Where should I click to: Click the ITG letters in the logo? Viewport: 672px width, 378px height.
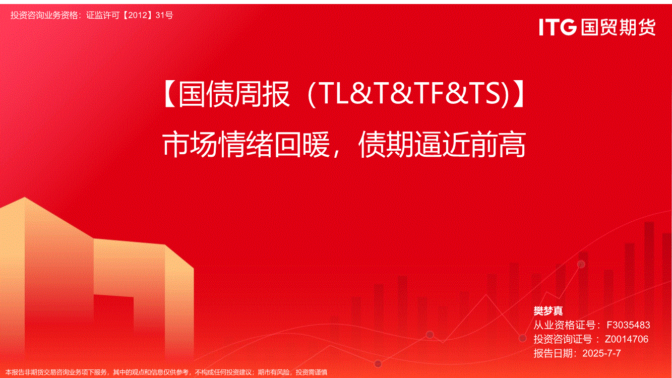click(x=558, y=27)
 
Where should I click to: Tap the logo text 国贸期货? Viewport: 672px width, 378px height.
click(x=618, y=27)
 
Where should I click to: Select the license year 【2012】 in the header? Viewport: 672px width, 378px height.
click(x=138, y=15)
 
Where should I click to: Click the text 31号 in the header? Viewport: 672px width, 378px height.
click(x=164, y=15)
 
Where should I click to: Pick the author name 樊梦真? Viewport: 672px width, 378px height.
click(x=548, y=311)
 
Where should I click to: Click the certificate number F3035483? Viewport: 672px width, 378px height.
click(x=628, y=325)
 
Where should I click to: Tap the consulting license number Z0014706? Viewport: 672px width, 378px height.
click(x=627, y=339)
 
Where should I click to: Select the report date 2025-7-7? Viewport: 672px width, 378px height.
click(x=601, y=353)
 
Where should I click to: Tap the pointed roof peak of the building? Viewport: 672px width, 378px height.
click(x=25, y=198)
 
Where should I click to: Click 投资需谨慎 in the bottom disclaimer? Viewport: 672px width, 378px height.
click(x=312, y=372)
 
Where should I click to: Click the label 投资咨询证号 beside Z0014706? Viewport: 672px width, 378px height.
click(x=563, y=339)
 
